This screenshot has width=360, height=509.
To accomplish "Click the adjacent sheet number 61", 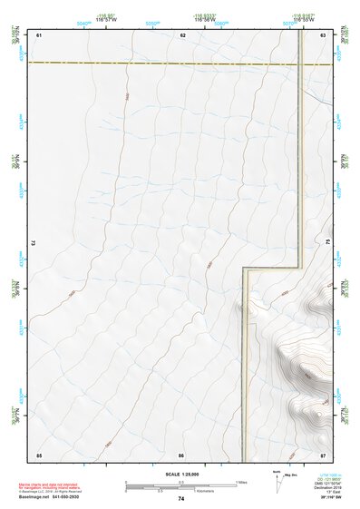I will click(x=40, y=34).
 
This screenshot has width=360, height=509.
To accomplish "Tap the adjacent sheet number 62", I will click(x=182, y=34).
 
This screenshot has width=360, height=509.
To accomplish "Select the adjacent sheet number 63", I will click(x=323, y=34).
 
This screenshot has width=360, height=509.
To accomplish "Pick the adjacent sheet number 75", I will click(x=327, y=243).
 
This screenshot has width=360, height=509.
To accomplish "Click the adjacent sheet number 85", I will click(x=40, y=454).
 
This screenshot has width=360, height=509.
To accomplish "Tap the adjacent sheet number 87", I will click(x=323, y=454).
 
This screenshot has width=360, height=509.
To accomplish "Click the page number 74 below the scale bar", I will click(x=181, y=499).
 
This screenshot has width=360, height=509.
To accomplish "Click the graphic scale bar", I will click(x=181, y=484).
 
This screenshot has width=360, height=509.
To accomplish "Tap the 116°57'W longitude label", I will click(x=109, y=20).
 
